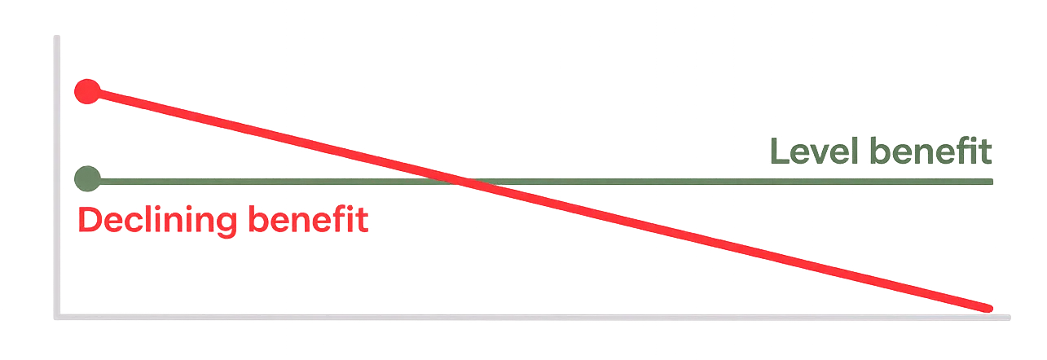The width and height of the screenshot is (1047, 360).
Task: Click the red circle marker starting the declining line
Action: (x=86, y=91)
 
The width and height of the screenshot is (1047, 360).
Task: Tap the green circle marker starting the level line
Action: (x=86, y=178)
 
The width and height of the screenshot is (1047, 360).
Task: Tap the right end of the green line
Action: (x=991, y=181)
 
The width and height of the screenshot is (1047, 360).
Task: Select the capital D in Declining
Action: (x=89, y=222)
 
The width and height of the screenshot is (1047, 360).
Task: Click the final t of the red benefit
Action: (x=363, y=222)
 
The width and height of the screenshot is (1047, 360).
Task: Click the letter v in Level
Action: (x=816, y=154)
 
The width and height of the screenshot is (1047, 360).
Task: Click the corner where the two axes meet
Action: (x=55, y=313)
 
